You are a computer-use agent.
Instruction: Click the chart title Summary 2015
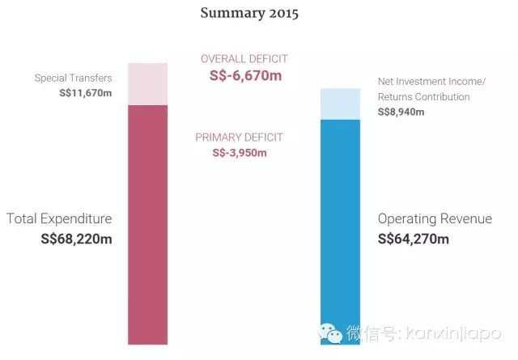coord(249,14)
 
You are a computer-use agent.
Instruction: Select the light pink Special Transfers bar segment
coord(148,83)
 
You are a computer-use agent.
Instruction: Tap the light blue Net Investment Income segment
coord(340,104)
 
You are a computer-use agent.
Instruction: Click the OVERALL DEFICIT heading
coord(244,59)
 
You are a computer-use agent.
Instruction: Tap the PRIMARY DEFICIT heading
coord(240,138)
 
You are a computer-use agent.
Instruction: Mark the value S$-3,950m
coord(240,152)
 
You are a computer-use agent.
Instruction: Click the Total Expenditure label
coord(59,218)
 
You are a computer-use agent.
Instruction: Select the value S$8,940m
coord(401,112)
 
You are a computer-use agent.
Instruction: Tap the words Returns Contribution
coord(424,97)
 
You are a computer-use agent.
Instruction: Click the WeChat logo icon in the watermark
coord(331,332)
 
